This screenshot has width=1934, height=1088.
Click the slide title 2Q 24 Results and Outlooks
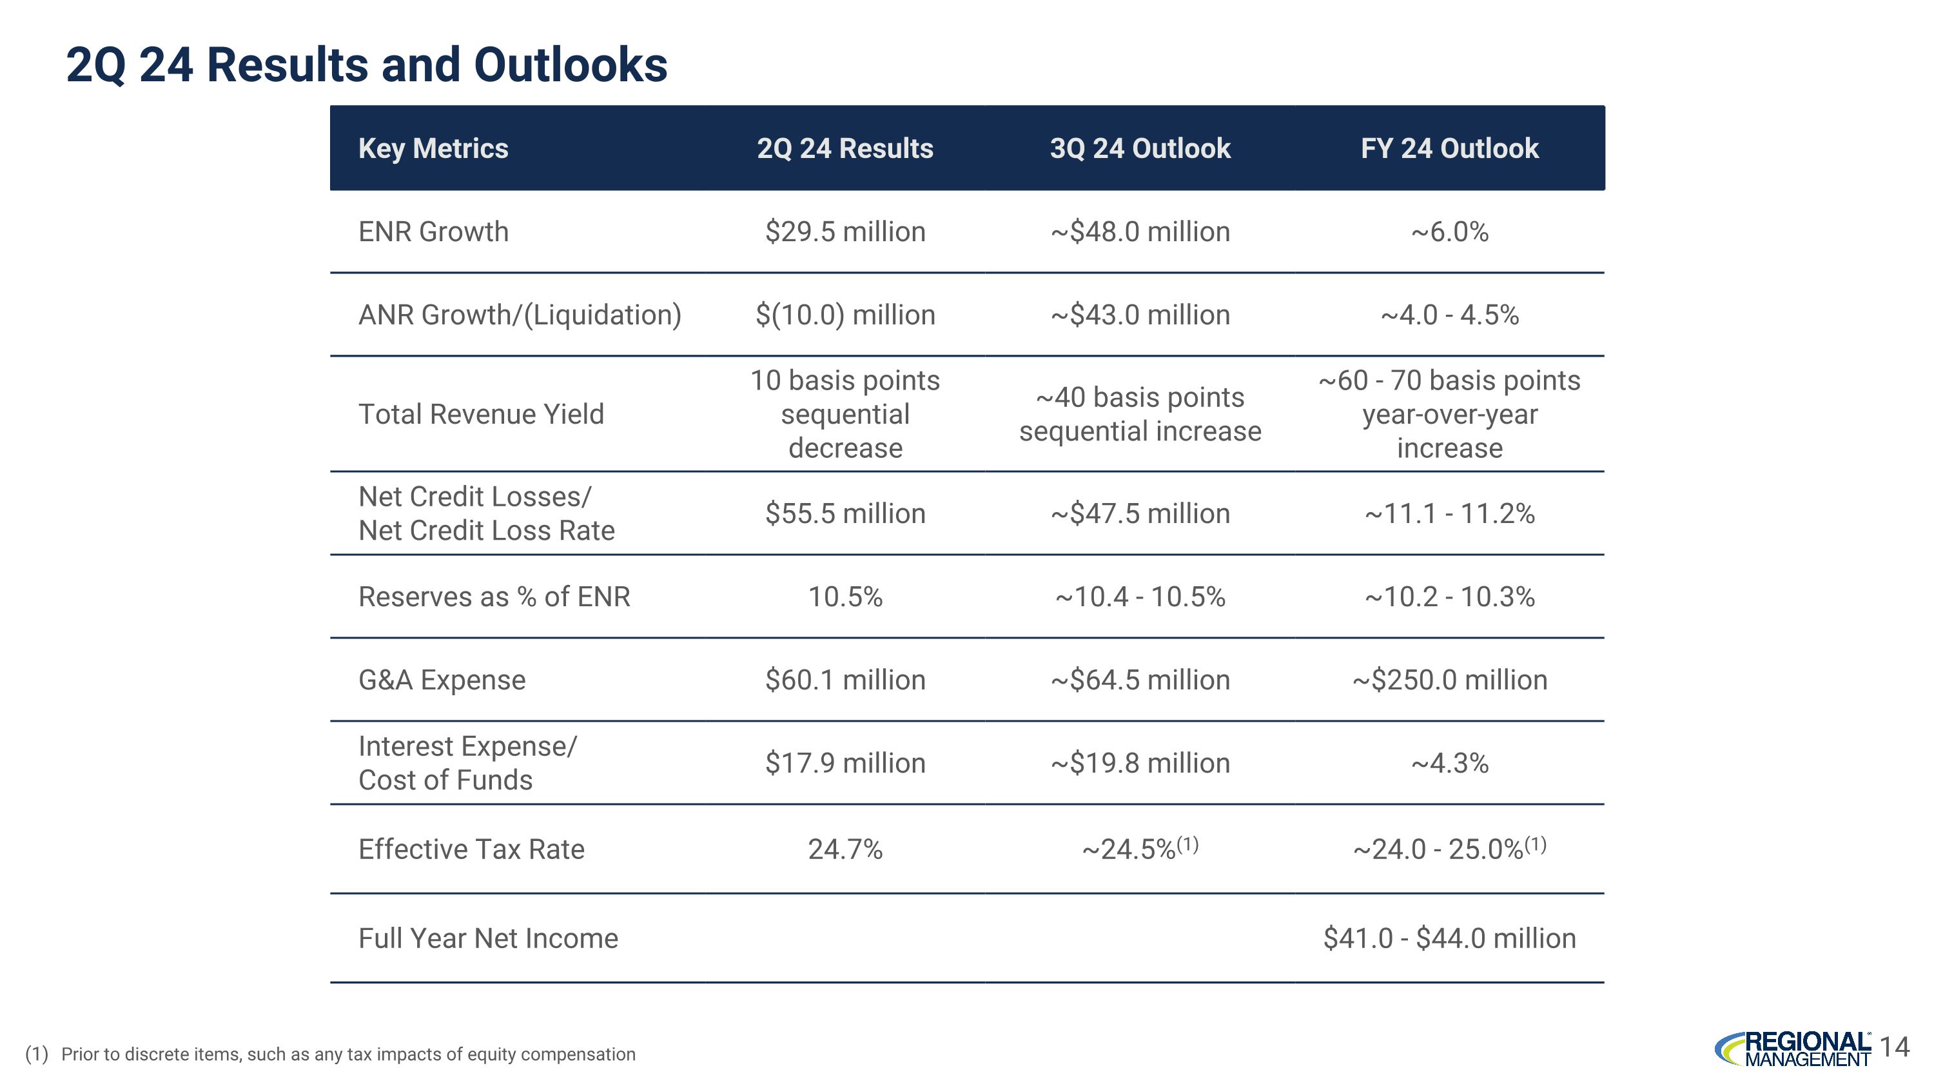[366, 64]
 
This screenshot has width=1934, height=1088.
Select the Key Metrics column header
[433, 149]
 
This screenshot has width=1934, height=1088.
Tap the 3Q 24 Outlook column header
[1140, 149]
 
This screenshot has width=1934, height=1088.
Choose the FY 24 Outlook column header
[1449, 149]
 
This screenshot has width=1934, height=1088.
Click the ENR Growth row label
[433, 232]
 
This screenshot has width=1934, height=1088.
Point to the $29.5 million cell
[845, 232]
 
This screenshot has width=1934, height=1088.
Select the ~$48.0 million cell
[1140, 232]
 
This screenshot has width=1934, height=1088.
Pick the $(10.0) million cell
[845, 315]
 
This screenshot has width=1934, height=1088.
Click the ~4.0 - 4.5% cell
[1449, 315]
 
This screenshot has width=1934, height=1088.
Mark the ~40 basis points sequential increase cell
[1140, 414]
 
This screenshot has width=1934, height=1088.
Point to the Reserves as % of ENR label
[494, 597]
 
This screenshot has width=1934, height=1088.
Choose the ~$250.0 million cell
[1449, 680]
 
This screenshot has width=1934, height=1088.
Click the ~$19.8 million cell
[1140, 763]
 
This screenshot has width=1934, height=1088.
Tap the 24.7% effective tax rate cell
[845, 849]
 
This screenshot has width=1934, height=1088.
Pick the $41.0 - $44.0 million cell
[1449, 938]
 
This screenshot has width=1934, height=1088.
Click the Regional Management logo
[1793, 1049]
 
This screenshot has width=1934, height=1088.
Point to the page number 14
[1895, 1047]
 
